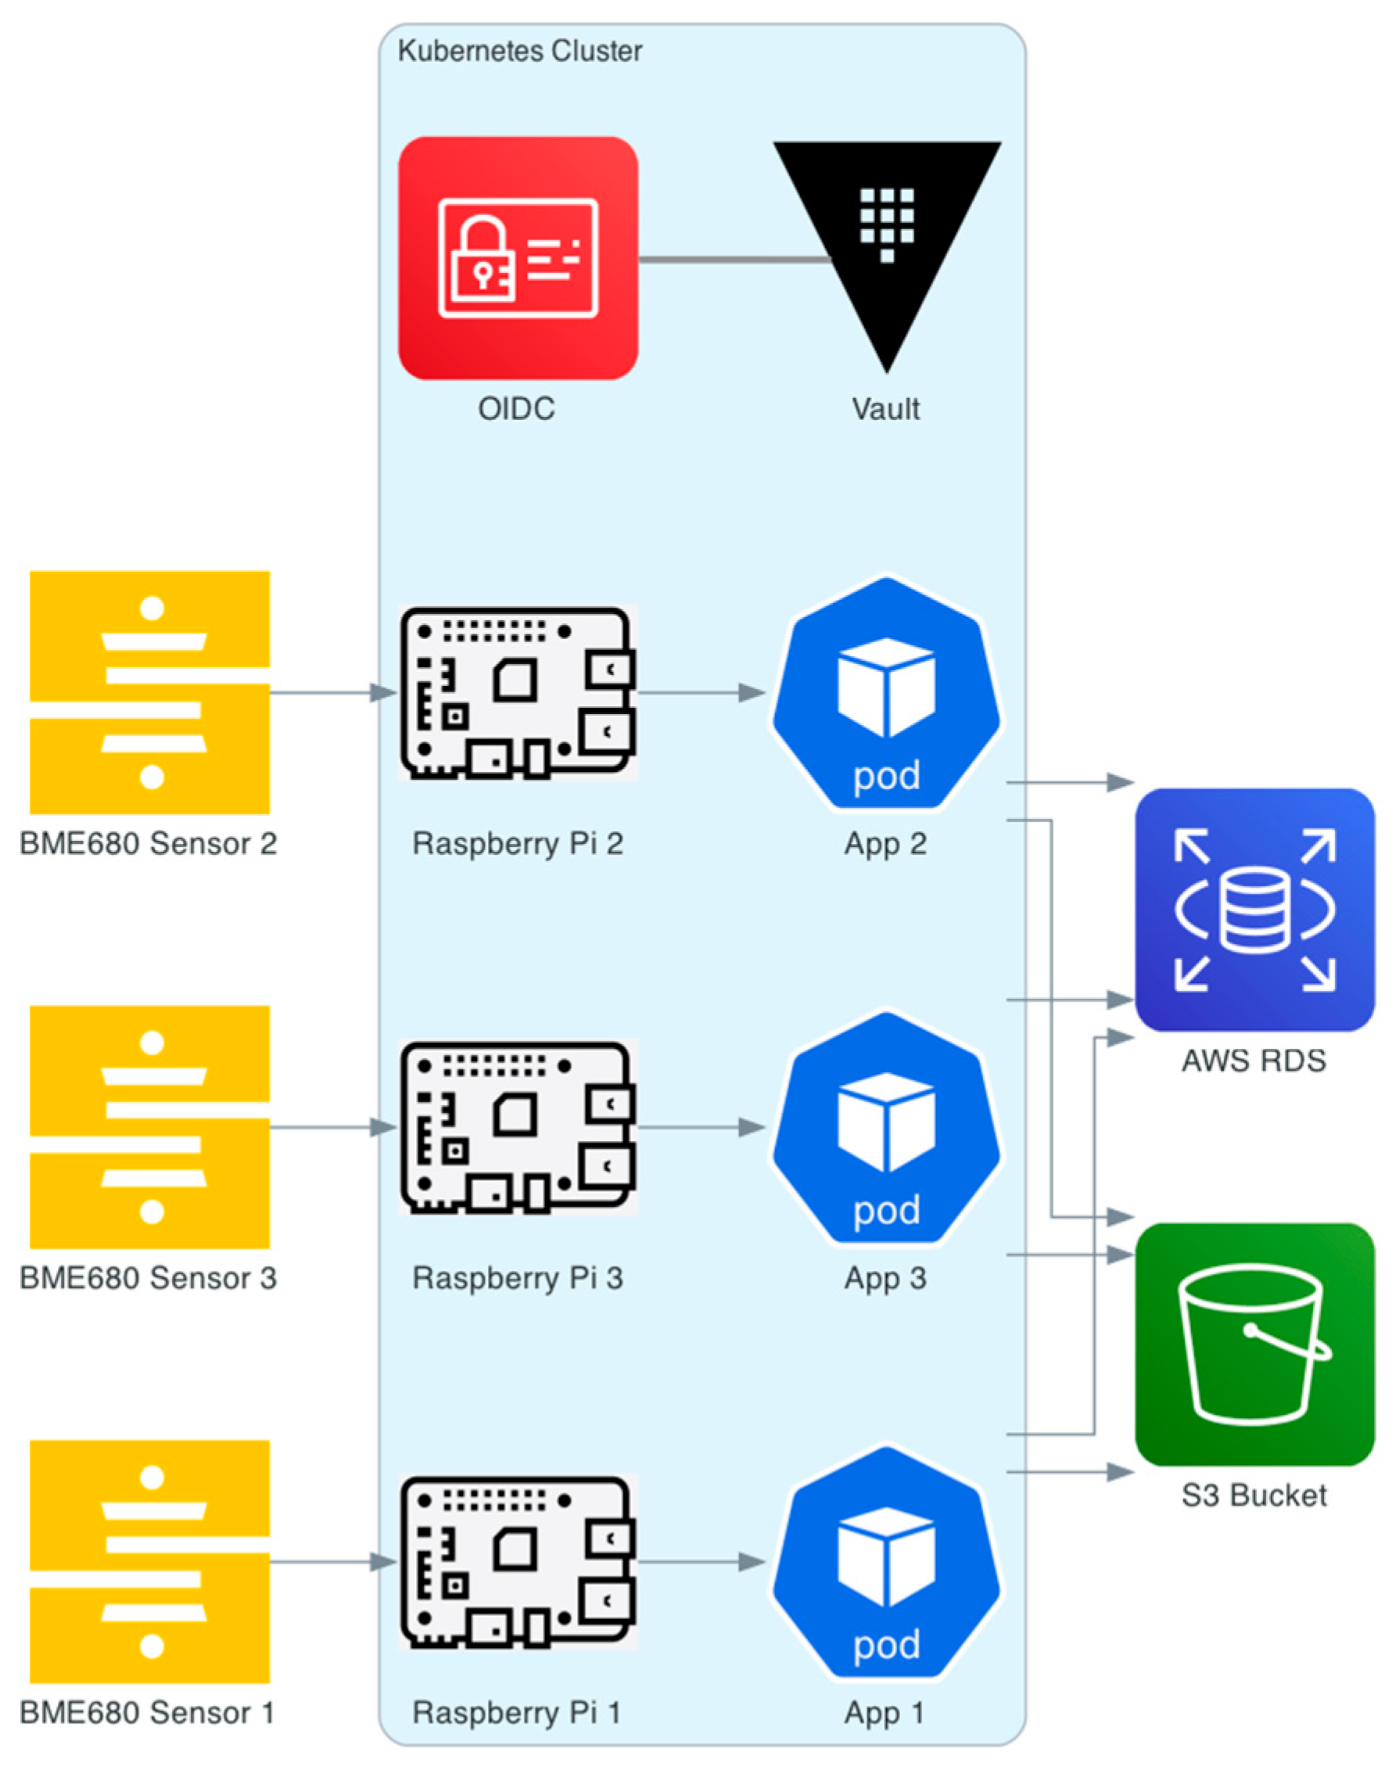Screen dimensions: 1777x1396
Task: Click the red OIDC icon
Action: tap(518, 257)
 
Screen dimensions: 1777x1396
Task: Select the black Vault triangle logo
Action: tap(887, 237)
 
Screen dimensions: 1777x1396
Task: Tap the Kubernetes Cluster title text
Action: tap(519, 51)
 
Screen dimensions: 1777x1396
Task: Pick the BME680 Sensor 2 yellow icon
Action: tap(149, 691)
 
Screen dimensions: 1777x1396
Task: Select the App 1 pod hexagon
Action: tap(887, 1562)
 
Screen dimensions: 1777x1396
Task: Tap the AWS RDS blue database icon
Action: tap(1254, 909)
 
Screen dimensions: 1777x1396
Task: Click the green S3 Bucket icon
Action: tap(1254, 1344)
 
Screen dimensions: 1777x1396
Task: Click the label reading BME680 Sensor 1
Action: tap(147, 1712)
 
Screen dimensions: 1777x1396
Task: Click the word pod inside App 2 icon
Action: tap(887, 776)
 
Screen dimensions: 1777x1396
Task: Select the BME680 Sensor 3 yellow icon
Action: tap(149, 1126)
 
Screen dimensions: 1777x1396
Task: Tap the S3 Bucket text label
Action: tap(1254, 1495)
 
